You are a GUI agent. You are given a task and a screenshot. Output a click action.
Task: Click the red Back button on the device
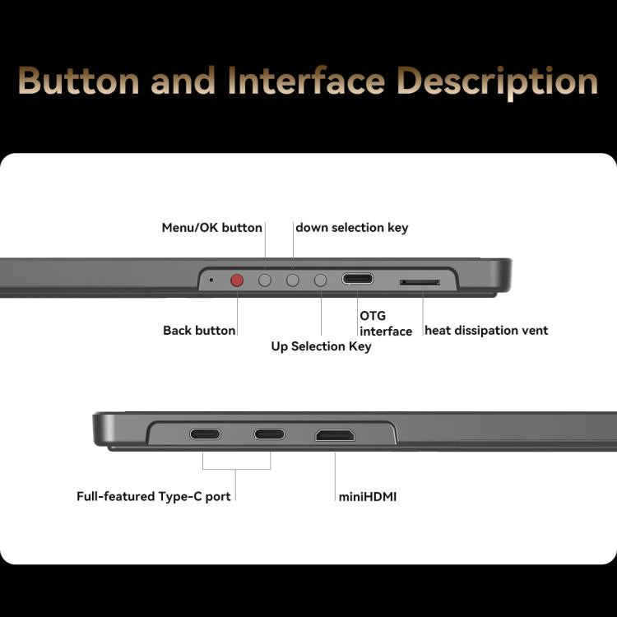pyautogui.click(x=237, y=281)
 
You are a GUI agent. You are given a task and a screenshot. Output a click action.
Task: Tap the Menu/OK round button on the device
pyautogui.click(x=265, y=281)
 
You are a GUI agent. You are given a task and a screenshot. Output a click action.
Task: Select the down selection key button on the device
pyautogui.click(x=292, y=281)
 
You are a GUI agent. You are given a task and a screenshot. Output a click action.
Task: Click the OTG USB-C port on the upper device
pyautogui.click(x=358, y=279)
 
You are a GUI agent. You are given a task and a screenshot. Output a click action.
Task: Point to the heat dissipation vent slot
pyautogui.click(x=420, y=282)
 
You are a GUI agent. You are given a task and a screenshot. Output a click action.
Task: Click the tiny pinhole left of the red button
pyautogui.click(x=211, y=280)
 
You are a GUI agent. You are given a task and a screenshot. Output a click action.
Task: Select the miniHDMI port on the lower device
pyautogui.click(x=335, y=435)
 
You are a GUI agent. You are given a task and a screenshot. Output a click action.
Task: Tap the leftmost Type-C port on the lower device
pyautogui.click(x=206, y=434)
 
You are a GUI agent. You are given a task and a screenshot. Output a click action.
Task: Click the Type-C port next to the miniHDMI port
pyautogui.click(x=270, y=434)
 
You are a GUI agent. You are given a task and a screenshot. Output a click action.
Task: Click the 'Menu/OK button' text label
pyautogui.click(x=211, y=227)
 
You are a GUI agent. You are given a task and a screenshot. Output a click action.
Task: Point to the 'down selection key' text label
pyautogui.click(x=352, y=227)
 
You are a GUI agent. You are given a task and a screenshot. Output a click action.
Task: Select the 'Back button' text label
pyautogui.click(x=199, y=330)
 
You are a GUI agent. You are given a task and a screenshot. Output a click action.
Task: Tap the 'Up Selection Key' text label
pyautogui.click(x=321, y=346)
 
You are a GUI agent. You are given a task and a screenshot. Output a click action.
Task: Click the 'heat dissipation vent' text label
pyautogui.click(x=486, y=330)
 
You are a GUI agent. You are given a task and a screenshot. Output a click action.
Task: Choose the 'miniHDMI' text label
pyautogui.click(x=368, y=497)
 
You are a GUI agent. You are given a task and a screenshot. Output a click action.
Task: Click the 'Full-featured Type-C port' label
pyautogui.click(x=154, y=496)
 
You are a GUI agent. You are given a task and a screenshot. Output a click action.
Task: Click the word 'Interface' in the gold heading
pyautogui.click(x=306, y=81)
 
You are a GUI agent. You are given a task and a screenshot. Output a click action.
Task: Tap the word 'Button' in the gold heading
pyautogui.click(x=79, y=81)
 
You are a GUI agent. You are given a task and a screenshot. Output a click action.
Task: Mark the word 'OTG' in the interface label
pyautogui.click(x=373, y=316)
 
